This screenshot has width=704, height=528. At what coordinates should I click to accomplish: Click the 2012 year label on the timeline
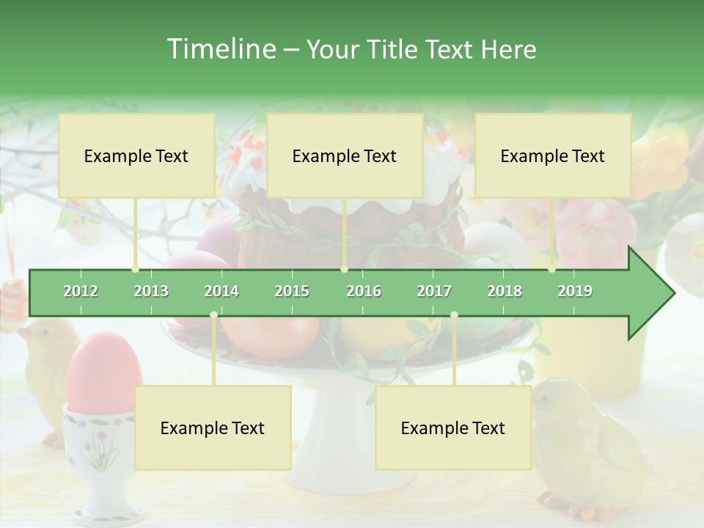tap(81, 291)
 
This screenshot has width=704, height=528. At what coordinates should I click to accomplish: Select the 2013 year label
tap(151, 291)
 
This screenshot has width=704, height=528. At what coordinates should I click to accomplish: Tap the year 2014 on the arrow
tap(221, 291)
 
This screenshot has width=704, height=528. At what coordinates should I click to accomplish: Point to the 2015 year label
tap(292, 291)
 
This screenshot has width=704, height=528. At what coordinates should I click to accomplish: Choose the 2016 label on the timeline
tap(364, 291)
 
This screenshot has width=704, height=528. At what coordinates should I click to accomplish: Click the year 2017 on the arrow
tap(434, 291)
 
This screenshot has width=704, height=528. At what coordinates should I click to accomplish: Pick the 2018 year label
tap(505, 291)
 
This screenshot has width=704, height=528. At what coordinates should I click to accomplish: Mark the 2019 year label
tap(575, 291)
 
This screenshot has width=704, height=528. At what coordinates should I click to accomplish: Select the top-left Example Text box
tap(136, 155)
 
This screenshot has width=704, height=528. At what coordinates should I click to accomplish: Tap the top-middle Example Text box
tap(345, 155)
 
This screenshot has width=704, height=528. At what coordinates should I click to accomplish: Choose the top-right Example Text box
tap(553, 155)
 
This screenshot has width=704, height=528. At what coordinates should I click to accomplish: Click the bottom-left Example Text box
tap(213, 428)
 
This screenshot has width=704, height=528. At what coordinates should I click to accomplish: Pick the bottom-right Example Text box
tap(453, 428)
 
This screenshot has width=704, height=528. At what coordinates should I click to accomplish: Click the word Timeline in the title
tap(220, 49)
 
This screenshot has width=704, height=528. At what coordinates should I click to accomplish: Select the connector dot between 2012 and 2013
tap(135, 269)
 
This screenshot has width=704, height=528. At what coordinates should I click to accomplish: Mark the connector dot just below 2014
tap(213, 315)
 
